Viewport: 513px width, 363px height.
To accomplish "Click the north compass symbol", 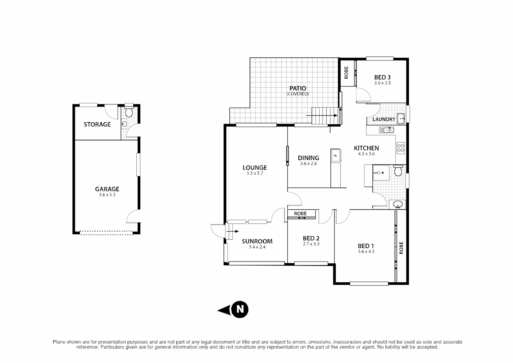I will [240, 309].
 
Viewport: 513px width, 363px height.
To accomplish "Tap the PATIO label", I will [298, 88].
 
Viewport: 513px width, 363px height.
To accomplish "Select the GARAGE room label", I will [107, 189].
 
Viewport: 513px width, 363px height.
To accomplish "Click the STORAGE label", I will [97, 124].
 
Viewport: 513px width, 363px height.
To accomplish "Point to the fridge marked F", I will [335, 155].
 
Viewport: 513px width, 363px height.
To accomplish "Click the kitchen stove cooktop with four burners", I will [401, 148].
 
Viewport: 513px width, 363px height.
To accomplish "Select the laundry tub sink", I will [401, 118].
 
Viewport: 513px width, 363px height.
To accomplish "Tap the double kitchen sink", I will [386, 130].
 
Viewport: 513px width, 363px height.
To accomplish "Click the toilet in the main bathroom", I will [398, 171].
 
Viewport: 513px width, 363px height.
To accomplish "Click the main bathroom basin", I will [398, 204].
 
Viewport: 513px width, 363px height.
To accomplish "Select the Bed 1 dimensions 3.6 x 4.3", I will [366, 251].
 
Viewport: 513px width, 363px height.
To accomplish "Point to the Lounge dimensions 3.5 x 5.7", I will [255, 173].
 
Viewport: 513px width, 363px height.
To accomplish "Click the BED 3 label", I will [382, 77].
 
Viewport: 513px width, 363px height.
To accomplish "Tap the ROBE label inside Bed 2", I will [300, 213].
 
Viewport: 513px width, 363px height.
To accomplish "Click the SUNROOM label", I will [257, 241].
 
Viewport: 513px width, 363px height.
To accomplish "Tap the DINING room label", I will [309, 158].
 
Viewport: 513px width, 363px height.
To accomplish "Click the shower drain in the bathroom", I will [382, 173].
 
